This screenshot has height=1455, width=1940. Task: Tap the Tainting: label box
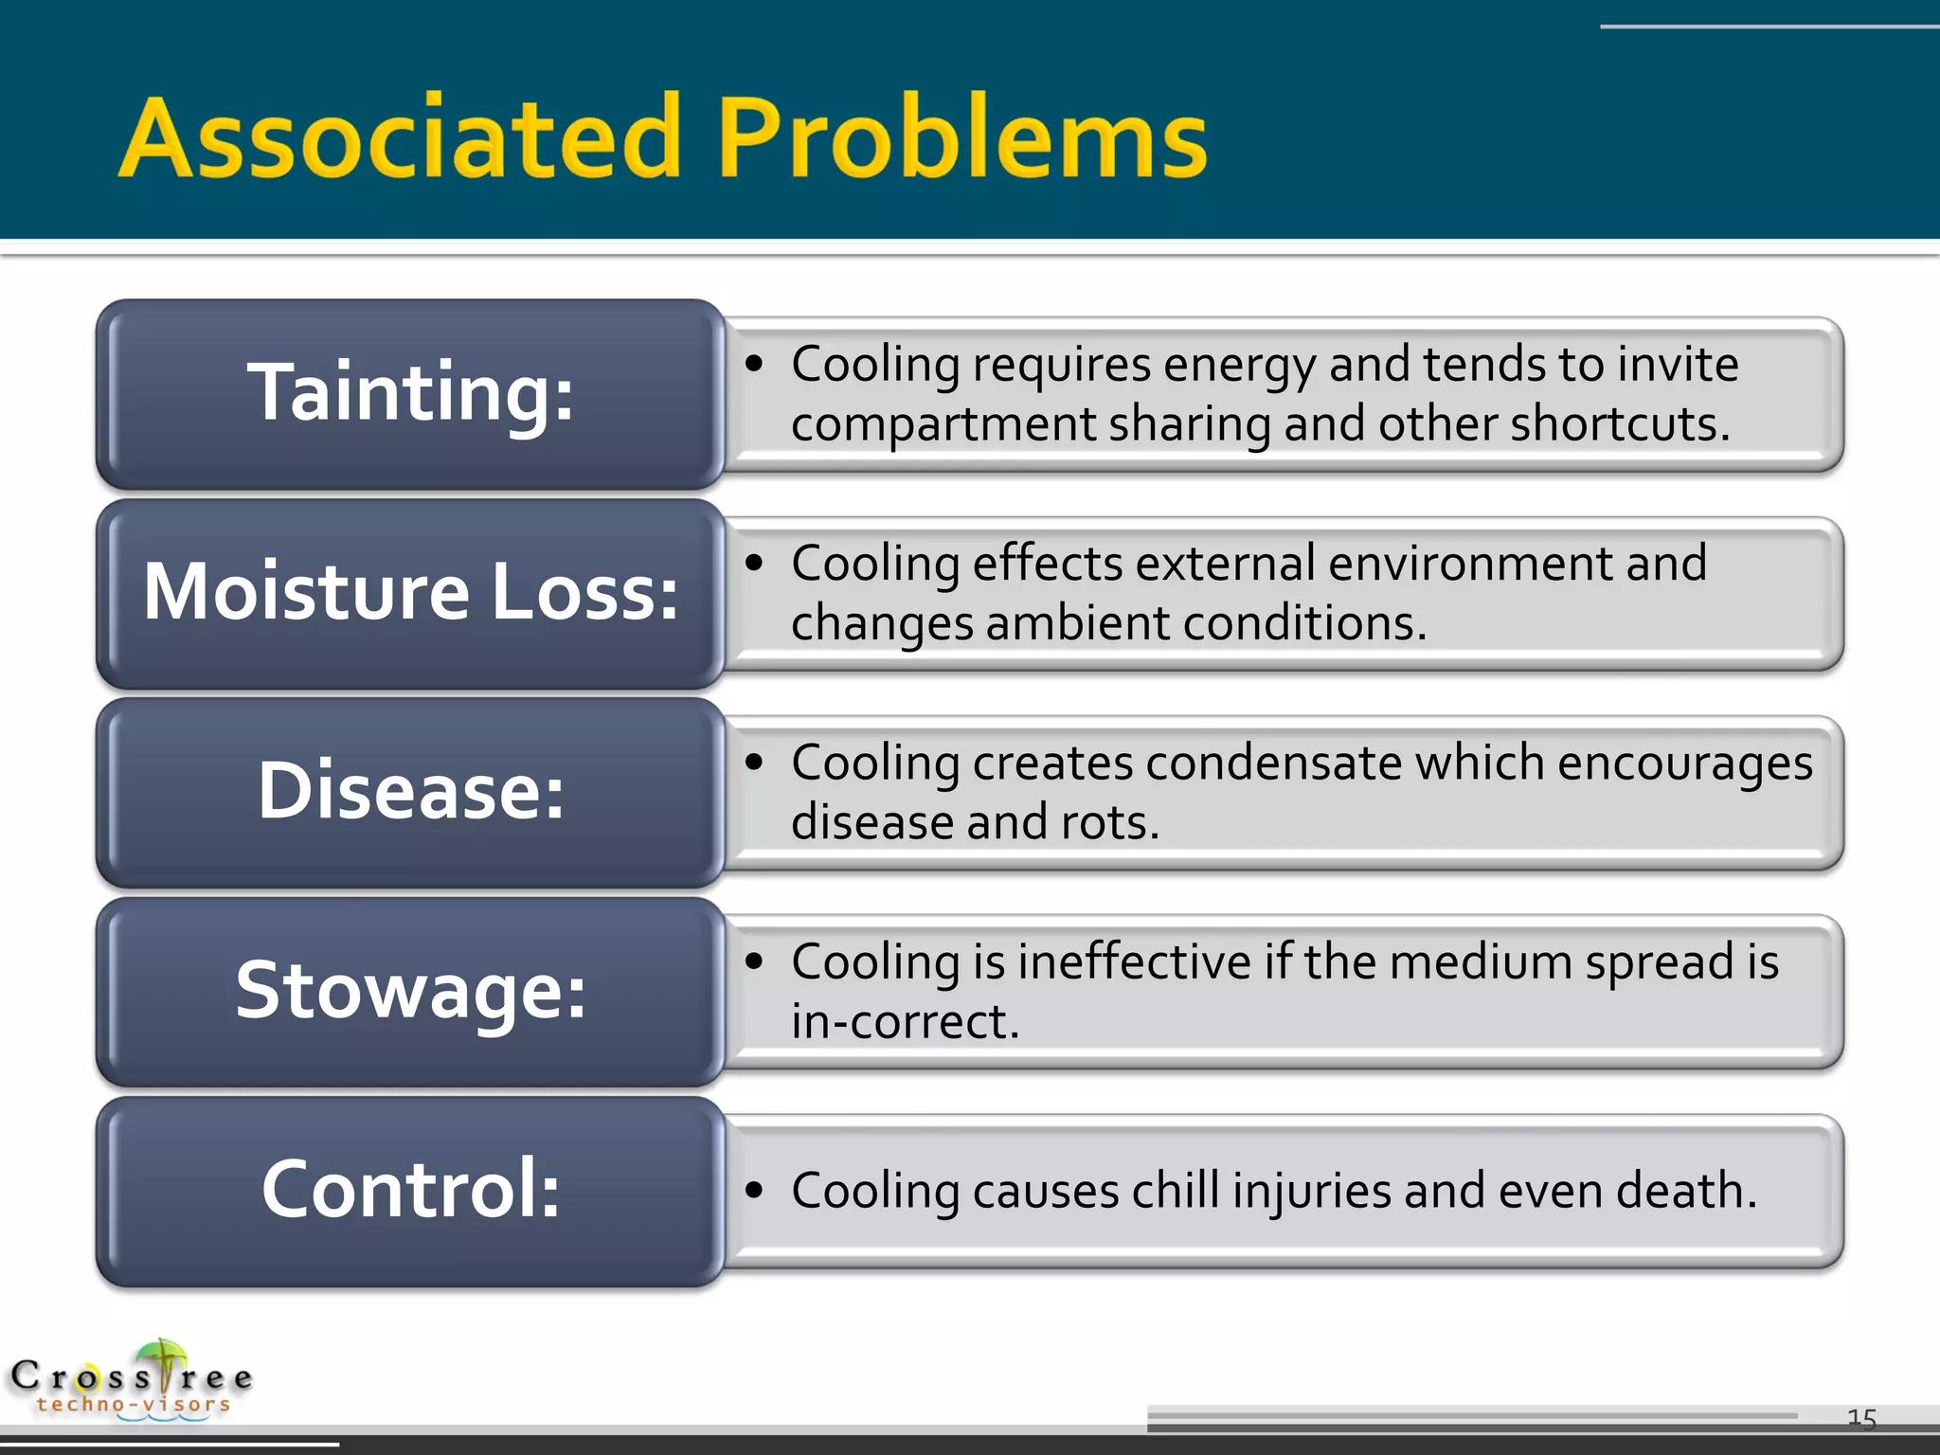click(x=410, y=393)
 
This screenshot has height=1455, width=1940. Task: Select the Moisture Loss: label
click(x=410, y=592)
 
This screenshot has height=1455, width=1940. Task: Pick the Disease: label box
click(x=410, y=791)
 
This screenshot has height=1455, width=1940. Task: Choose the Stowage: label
click(x=410, y=990)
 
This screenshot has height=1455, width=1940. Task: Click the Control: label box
click(x=410, y=1189)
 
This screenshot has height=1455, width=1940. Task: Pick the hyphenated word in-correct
click(x=905, y=1021)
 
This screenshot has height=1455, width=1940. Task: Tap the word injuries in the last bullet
click(x=1311, y=1192)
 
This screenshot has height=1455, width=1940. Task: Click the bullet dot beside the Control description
click(x=754, y=1190)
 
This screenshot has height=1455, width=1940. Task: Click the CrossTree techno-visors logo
click(x=133, y=1381)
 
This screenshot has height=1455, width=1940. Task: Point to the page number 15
click(x=1861, y=1418)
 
